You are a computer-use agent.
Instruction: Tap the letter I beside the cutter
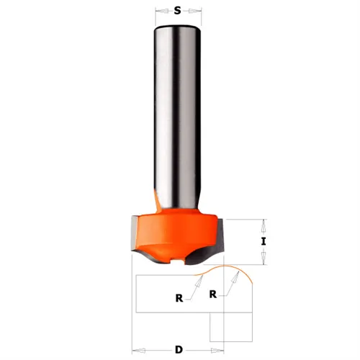pos(264,242)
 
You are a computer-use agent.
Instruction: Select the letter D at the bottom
pos(180,350)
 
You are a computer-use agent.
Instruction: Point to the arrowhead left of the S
pos(161,12)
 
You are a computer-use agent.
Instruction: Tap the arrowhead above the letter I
pos(264,222)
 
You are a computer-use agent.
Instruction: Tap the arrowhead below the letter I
pos(264,261)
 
